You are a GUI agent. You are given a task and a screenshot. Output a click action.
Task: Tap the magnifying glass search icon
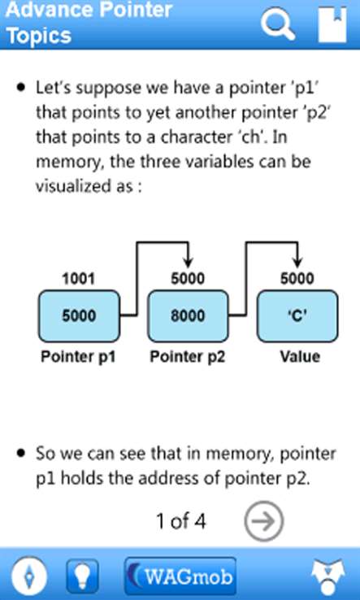click(x=278, y=23)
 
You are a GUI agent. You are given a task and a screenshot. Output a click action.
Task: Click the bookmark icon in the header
click(x=332, y=24)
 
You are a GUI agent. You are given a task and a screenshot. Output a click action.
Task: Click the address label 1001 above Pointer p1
click(x=79, y=279)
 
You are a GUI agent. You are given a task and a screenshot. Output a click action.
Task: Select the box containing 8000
click(x=188, y=316)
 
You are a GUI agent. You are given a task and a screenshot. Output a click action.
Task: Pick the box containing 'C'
click(x=297, y=316)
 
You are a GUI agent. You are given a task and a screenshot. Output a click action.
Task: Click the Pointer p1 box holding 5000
click(x=79, y=316)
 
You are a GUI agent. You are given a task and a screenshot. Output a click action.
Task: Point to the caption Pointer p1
click(x=79, y=357)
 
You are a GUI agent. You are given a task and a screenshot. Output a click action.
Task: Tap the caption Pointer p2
click(x=188, y=357)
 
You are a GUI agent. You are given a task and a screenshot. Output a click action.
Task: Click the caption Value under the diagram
click(x=301, y=357)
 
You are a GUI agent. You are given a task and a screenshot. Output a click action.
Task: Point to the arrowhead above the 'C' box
click(x=297, y=263)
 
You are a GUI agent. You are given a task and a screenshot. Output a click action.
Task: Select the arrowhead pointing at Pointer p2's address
click(x=188, y=263)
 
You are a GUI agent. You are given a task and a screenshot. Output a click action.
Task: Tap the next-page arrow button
click(x=264, y=520)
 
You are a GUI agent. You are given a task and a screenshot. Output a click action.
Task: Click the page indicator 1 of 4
click(x=181, y=521)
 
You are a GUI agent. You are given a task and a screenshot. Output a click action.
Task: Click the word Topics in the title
click(x=39, y=36)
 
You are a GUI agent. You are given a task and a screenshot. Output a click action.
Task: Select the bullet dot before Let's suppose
click(x=21, y=88)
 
